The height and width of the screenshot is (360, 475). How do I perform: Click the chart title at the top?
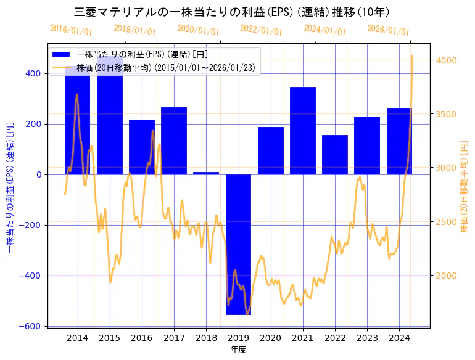pyautogui.click(x=231, y=12)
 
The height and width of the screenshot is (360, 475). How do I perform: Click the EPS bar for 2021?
pyautogui.click(x=303, y=131)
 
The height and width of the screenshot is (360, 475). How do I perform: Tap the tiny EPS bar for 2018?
pyautogui.click(x=206, y=173)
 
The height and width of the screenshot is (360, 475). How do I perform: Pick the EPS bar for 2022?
pyautogui.click(x=335, y=155)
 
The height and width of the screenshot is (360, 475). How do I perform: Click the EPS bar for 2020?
pyautogui.click(x=271, y=150)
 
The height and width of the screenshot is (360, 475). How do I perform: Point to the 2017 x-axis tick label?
pyautogui.click(x=174, y=337)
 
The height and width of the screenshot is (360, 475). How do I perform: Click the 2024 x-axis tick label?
pyautogui.click(x=399, y=337)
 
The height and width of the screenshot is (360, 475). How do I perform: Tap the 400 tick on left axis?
pyautogui.click(x=33, y=73)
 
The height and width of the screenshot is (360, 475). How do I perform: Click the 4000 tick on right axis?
pyautogui.click(x=447, y=60)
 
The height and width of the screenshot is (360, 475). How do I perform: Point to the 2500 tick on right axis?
pyautogui.click(x=447, y=222)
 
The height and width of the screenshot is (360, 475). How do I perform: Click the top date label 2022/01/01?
pyautogui.click(x=262, y=30)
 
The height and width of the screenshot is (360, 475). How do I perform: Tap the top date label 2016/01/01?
pyautogui.click(x=72, y=30)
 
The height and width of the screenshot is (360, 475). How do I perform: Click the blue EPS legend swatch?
pyautogui.click(x=61, y=54)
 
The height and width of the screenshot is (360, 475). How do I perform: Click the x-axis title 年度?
pyautogui.click(x=238, y=350)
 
